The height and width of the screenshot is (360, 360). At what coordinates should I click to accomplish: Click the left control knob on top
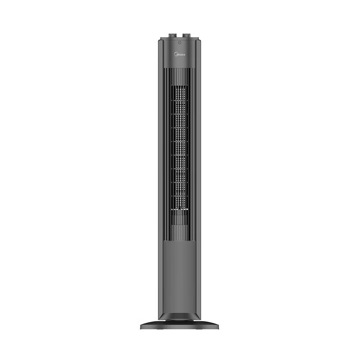click(x=173, y=35)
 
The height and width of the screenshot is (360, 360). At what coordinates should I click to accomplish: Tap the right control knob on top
click(x=186, y=35)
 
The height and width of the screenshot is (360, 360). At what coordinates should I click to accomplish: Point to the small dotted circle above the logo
click(x=180, y=43)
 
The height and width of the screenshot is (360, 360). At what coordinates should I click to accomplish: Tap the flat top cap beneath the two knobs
click(x=180, y=39)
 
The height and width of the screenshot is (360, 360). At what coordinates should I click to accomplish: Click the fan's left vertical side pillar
click(x=161, y=180)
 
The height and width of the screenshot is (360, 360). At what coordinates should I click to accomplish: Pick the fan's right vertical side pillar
click(x=198, y=180)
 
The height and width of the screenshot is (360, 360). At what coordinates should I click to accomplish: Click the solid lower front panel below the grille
click(x=180, y=274)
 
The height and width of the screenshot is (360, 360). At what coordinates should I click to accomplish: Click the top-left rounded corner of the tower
click(x=159, y=40)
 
